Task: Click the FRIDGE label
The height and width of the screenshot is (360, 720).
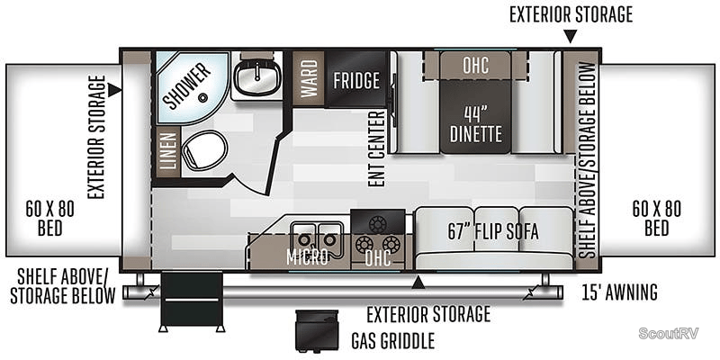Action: tap(356, 80)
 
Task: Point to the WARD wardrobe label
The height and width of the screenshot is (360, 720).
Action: tap(309, 79)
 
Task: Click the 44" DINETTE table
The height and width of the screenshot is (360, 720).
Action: tap(474, 123)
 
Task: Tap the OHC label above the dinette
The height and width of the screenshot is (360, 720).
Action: tap(475, 66)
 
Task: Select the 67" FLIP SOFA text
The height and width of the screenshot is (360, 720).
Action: tap(493, 231)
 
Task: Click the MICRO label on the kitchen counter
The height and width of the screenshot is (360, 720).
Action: tap(307, 256)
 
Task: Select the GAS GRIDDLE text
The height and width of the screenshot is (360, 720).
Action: tap(393, 341)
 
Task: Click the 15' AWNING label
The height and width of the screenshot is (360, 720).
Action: tap(620, 292)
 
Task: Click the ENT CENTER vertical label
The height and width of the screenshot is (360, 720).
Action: tap(378, 148)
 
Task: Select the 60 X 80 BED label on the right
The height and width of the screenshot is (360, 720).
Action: tap(656, 218)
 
